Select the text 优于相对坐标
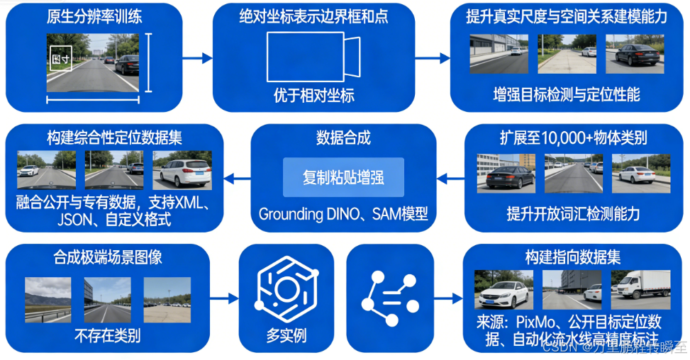coord(313,96)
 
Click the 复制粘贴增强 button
coord(343,176)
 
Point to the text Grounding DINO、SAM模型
coord(343,213)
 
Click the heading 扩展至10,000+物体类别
coord(573,137)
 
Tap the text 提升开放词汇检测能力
coord(573,213)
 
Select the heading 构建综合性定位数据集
coord(114,137)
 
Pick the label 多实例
coord(286,334)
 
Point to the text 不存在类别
coord(108,334)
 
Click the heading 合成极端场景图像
coord(108,257)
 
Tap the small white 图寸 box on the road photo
coord(60,60)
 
